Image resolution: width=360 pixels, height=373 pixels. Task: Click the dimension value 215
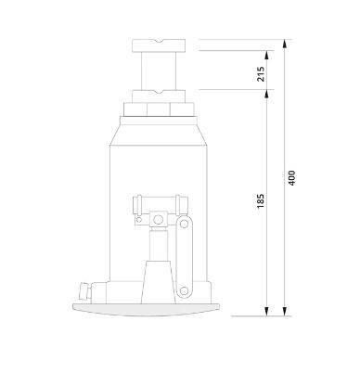click(261, 73)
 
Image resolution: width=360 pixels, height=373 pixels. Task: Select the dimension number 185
click(261, 200)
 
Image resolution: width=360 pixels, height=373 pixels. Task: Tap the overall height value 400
click(291, 178)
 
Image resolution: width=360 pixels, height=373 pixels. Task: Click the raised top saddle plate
click(159, 45)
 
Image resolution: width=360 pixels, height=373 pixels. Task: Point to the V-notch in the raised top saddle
click(159, 41)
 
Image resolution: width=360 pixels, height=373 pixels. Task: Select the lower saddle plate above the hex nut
click(159, 96)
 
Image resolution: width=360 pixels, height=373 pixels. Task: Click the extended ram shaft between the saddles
click(159, 71)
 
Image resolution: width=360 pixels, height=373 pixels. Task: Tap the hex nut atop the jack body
click(159, 109)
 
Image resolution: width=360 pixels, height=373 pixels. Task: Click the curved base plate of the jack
click(146, 309)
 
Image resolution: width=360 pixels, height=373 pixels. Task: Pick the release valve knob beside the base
click(84, 291)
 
